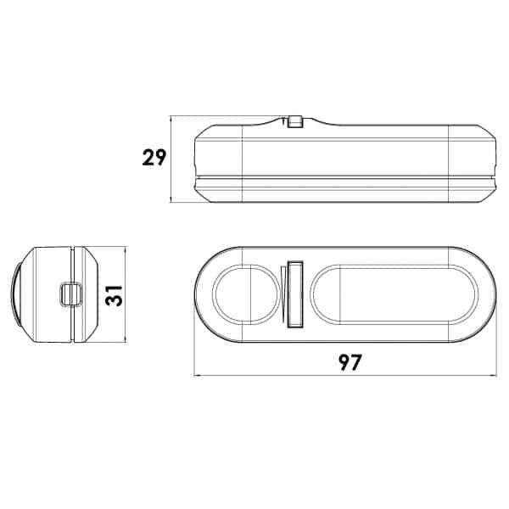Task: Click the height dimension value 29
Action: (x=154, y=158)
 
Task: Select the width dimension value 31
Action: (x=116, y=294)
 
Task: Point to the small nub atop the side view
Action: (x=294, y=120)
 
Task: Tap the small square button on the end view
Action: (x=70, y=294)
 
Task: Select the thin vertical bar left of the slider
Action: (x=281, y=294)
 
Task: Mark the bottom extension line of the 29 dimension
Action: (x=182, y=202)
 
